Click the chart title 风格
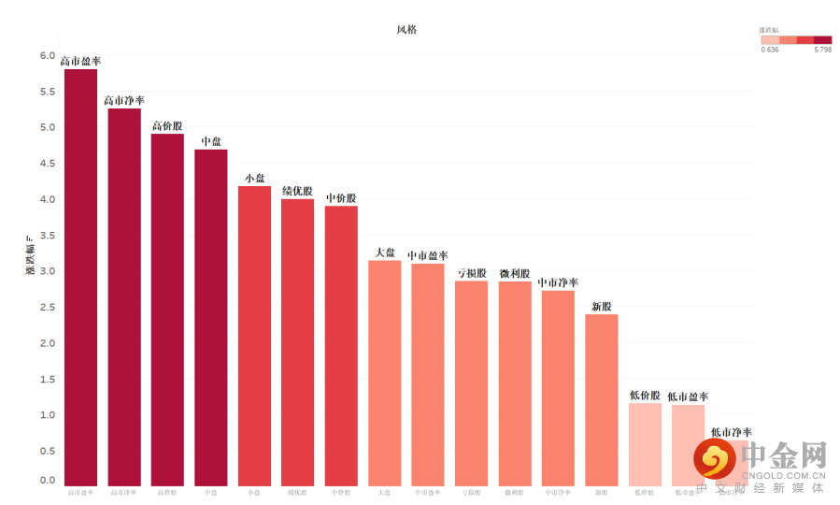click(x=406, y=30)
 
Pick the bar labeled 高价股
click(x=167, y=310)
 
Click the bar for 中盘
click(x=211, y=317)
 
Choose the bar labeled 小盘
click(x=254, y=336)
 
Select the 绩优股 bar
click(x=298, y=342)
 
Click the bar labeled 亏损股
click(x=472, y=382)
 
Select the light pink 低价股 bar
click(x=645, y=444)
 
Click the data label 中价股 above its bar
click(x=341, y=198)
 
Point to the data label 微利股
click(x=515, y=273)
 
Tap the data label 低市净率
click(x=731, y=432)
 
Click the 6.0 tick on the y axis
click(x=47, y=56)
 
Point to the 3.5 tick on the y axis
click(x=47, y=235)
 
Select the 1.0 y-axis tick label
click(x=47, y=414)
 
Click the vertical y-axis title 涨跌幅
click(x=30, y=258)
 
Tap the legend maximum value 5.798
click(x=822, y=50)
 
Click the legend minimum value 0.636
click(x=770, y=50)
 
